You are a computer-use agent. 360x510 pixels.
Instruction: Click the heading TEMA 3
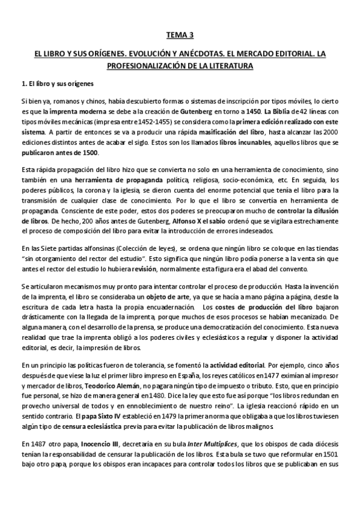179,35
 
